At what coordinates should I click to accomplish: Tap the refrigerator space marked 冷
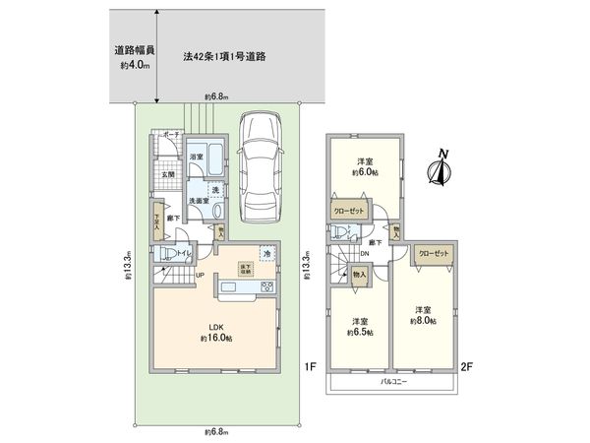pyautogui.click(x=266, y=254)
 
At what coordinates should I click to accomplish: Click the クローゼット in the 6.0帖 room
pyautogui.click(x=346, y=211)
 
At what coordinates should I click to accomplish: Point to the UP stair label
pyautogui.click(x=200, y=276)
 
